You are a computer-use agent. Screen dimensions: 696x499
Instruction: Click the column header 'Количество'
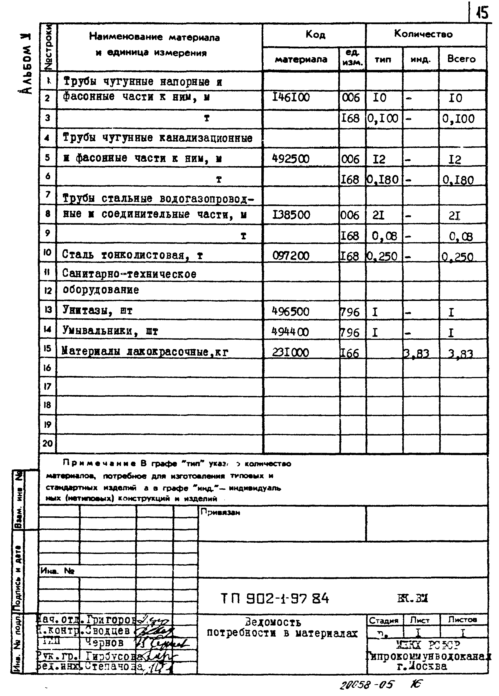tap(423, 34)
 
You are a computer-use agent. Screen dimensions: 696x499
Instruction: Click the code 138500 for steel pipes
tap(291, 215)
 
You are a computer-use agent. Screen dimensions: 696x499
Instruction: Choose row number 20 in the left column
tap(48, 443)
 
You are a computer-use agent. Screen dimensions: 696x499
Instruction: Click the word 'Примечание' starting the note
tap(99, 463)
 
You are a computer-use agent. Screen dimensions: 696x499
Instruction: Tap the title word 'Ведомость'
tap(273, 623)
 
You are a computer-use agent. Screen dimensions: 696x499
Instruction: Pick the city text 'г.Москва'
tap(422, 666)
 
